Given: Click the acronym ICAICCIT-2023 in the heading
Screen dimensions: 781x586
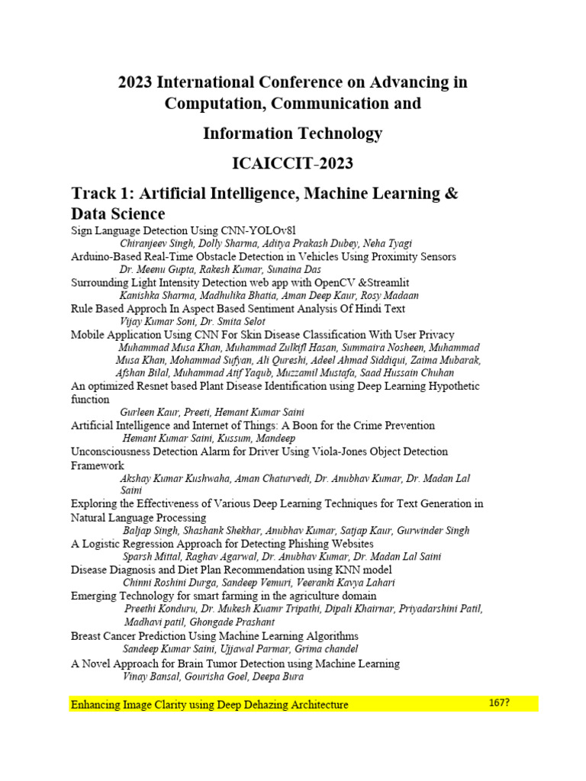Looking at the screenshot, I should click(x=292, y=163).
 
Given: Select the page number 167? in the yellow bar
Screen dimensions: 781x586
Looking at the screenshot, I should click(x=499, y=703).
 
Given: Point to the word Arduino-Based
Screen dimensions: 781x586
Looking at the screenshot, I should click(x=107, y=256).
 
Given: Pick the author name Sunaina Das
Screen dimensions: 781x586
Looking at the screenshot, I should click(x=294, y=269).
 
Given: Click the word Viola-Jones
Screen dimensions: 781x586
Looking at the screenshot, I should click(x=333, y=452).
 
